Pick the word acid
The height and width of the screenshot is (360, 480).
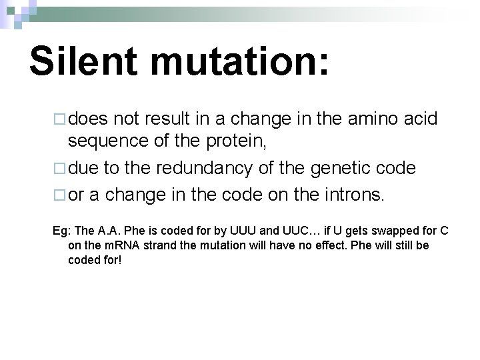pyautogui.click(x=423, y=119)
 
